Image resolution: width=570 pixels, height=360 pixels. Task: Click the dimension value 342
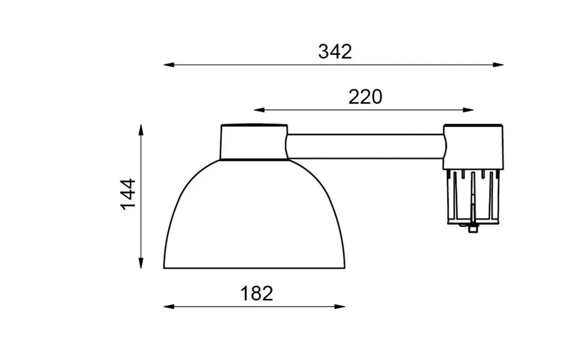coord(335,51)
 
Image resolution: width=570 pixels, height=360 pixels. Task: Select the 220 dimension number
coord(365,97)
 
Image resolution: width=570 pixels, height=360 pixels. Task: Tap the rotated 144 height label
coord(128,195)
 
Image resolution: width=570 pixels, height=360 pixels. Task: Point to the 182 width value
coord(256,294)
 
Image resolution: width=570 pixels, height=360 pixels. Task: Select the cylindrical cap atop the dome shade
coord(255,142)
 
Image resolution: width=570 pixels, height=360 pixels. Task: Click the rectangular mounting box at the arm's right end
coord(473,146)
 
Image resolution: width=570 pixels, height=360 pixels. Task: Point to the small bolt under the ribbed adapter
coord(472,229)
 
